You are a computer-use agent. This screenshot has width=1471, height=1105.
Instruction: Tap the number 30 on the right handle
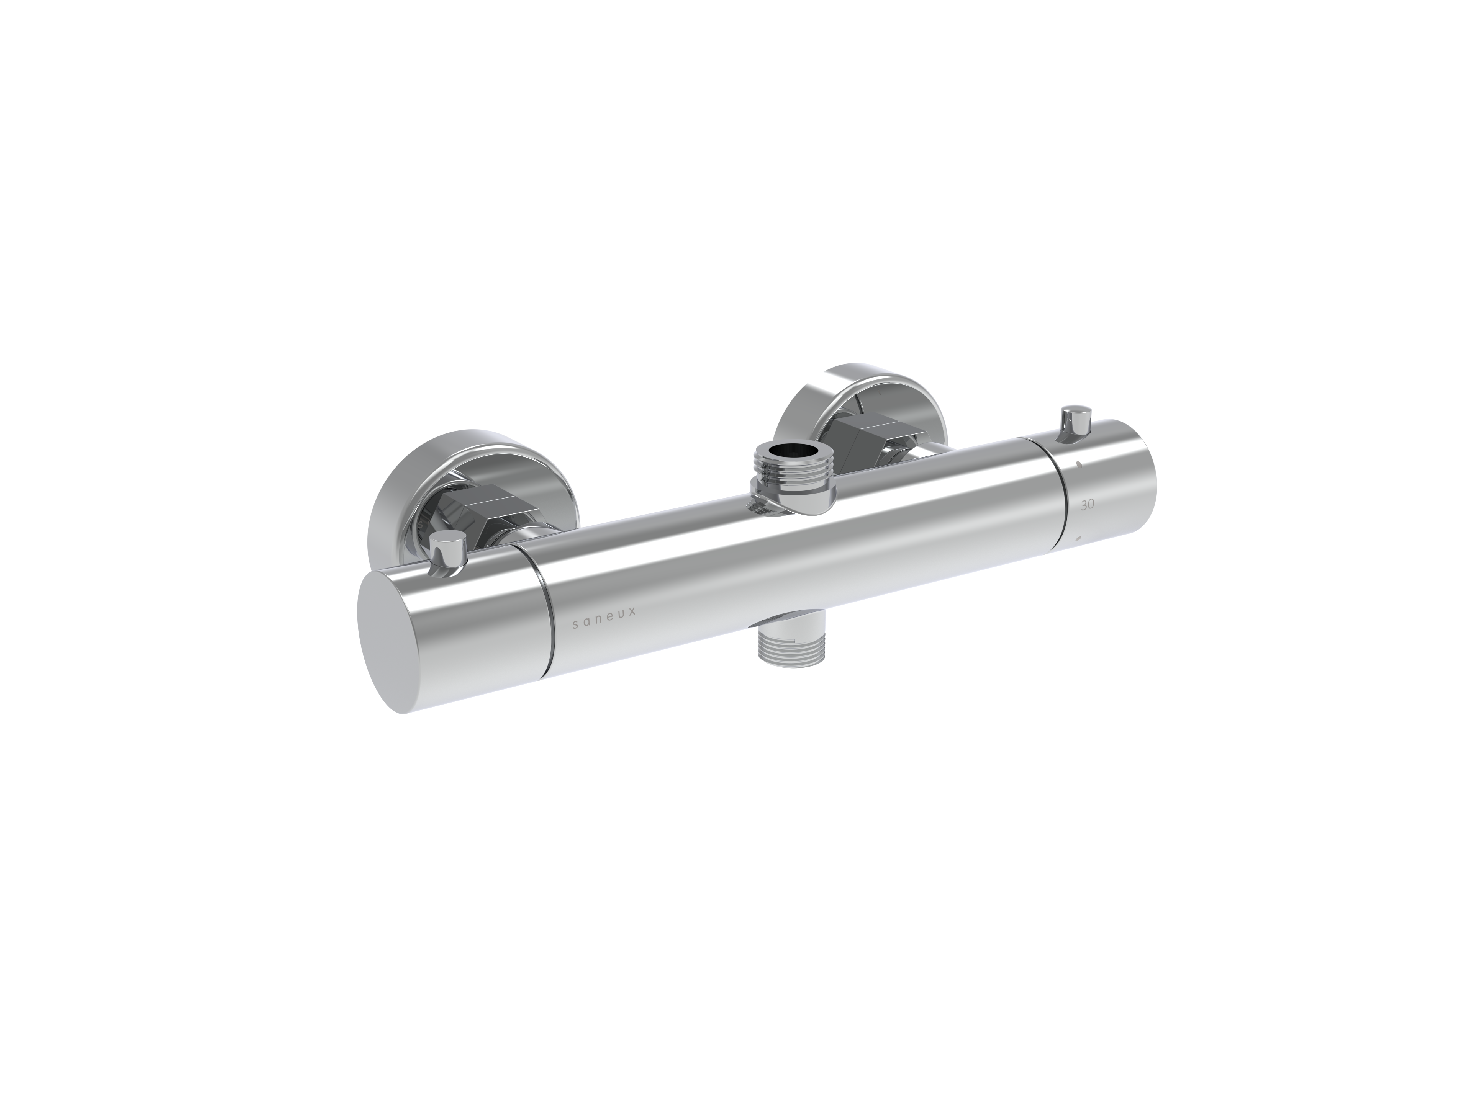pos(1088,506)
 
